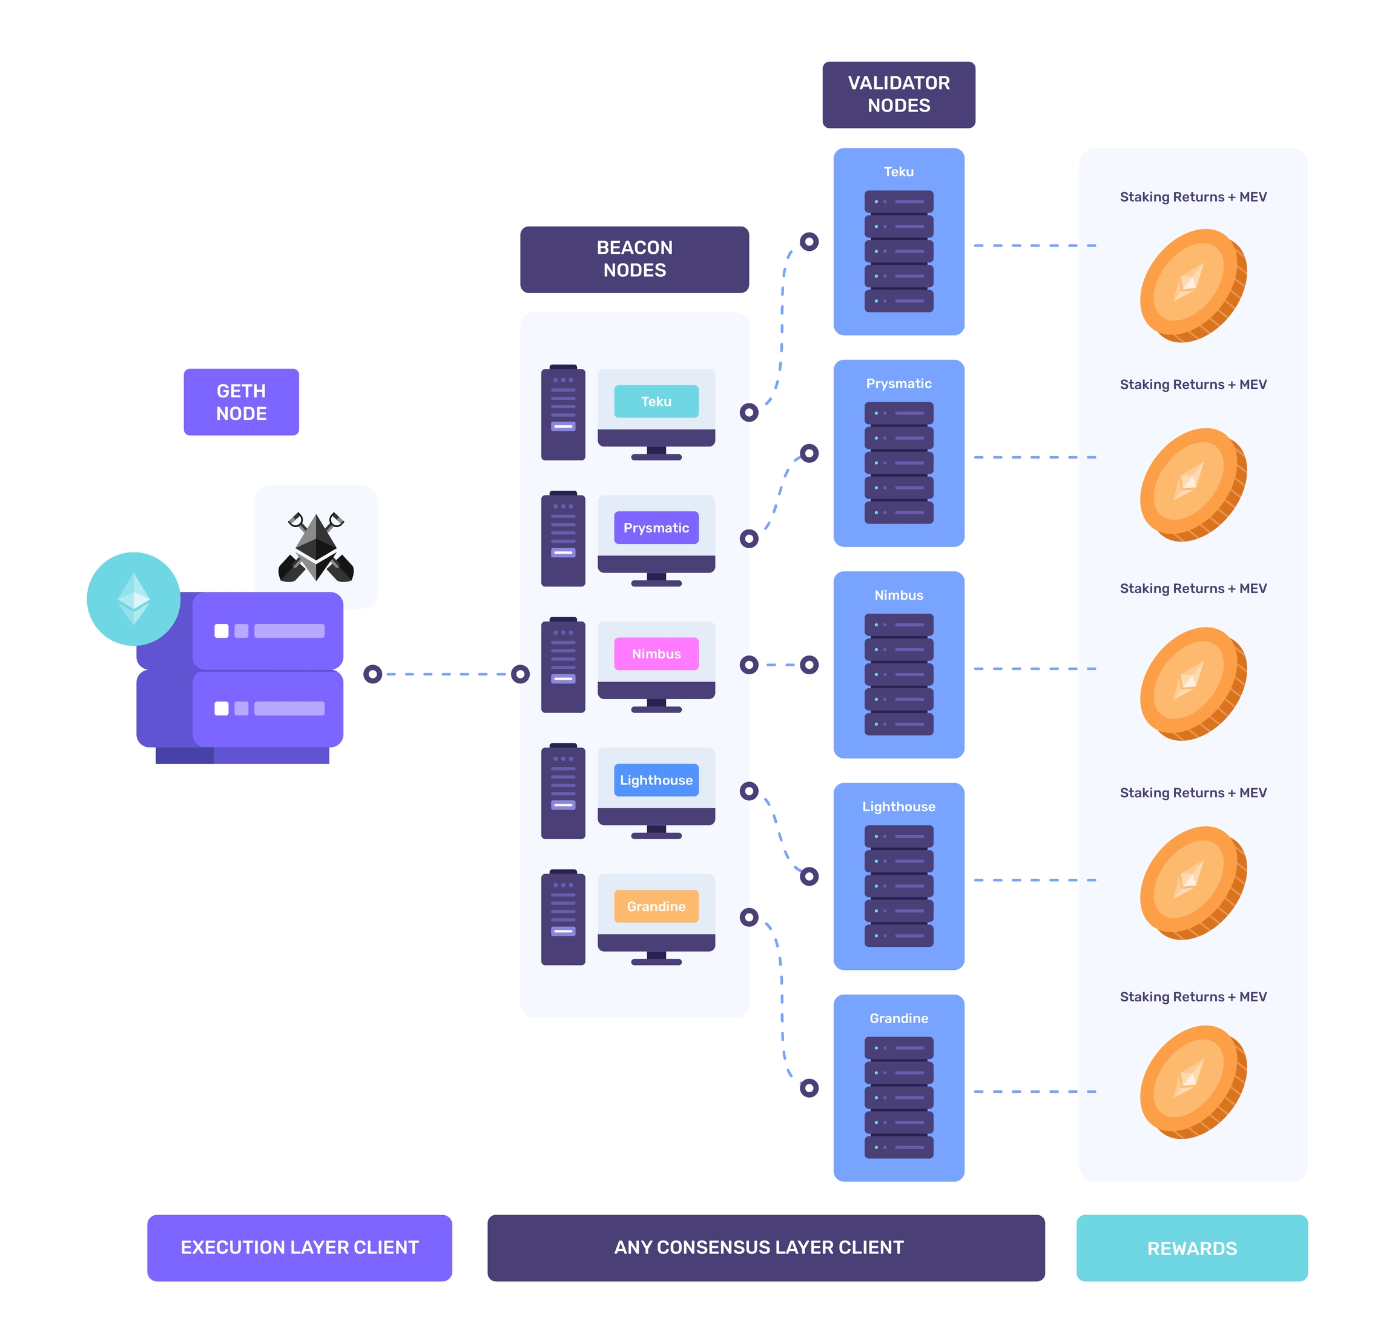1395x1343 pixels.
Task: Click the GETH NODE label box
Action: tap(241, 402)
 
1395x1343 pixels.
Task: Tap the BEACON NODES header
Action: tap(634, 259)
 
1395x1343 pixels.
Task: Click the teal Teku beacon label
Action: tap(656, 402)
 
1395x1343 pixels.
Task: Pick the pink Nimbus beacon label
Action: tap(656, 654)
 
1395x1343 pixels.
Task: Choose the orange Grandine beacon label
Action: tap(656, 906)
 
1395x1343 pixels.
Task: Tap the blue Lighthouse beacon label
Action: tap(656, 780)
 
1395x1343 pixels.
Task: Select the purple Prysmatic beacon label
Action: tap(656, 528)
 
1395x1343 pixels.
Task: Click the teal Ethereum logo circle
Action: tap(134, 599)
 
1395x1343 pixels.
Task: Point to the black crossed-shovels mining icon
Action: tap(315, 547)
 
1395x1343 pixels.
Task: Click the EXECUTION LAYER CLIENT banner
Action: tap(300, 1247)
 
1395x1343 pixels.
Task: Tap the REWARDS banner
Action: tap(1192, 1248)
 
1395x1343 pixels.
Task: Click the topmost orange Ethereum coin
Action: tap(1192, 285)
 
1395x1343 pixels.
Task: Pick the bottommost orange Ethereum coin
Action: tap(1192, 1081)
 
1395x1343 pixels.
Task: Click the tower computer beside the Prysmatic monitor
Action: tap(563, 539)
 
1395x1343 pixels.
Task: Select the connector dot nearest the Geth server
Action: tap(372, 674)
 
